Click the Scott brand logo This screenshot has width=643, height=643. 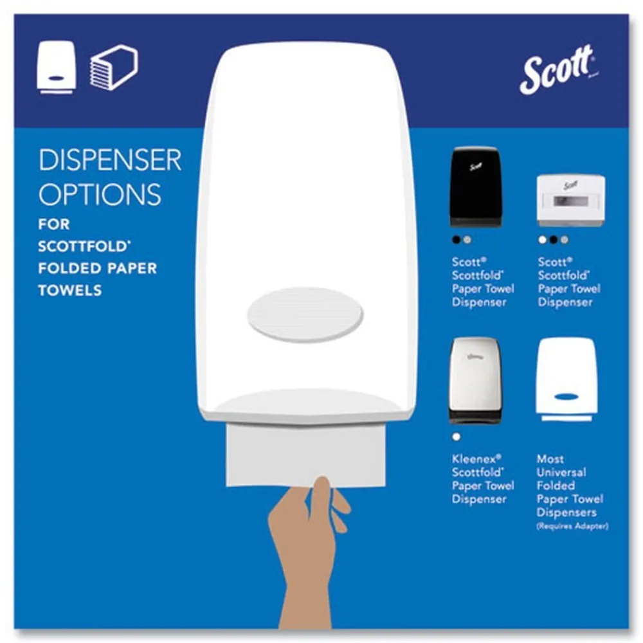click(556, 71)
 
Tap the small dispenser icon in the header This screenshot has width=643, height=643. click(56, 68)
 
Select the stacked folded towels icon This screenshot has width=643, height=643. click(113, 67)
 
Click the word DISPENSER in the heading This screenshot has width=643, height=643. click(110, 161)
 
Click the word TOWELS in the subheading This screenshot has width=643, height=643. click(69, 290)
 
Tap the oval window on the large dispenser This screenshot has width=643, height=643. click(305, 314)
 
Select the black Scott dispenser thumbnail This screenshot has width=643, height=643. click(476, 186)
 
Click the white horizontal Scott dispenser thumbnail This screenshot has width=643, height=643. click(570, 200)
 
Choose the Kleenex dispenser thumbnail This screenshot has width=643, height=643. click(475, 380)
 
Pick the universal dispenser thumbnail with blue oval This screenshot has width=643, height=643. click(566, 379)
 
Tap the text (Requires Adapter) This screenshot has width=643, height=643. click(572, 527)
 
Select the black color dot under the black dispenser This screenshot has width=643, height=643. click(456, 240)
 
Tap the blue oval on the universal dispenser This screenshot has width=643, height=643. click(566, 397)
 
